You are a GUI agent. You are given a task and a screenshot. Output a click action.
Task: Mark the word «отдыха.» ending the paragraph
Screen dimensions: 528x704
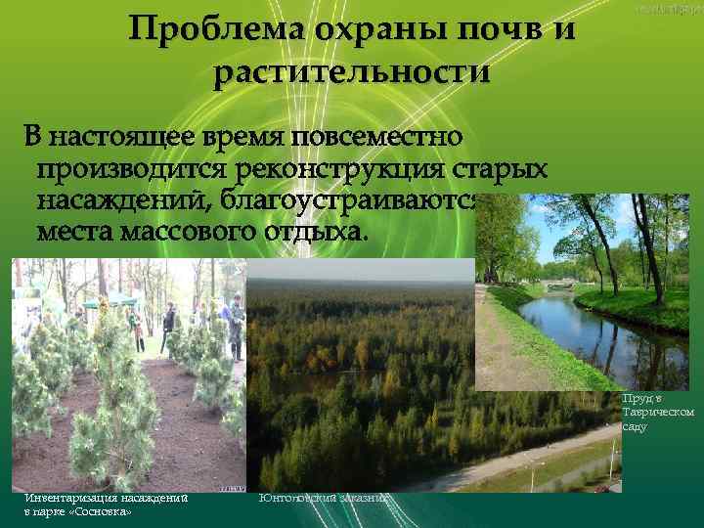pos(319,234)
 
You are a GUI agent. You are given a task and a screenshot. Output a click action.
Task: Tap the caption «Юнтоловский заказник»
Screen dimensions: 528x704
pos(324,498)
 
